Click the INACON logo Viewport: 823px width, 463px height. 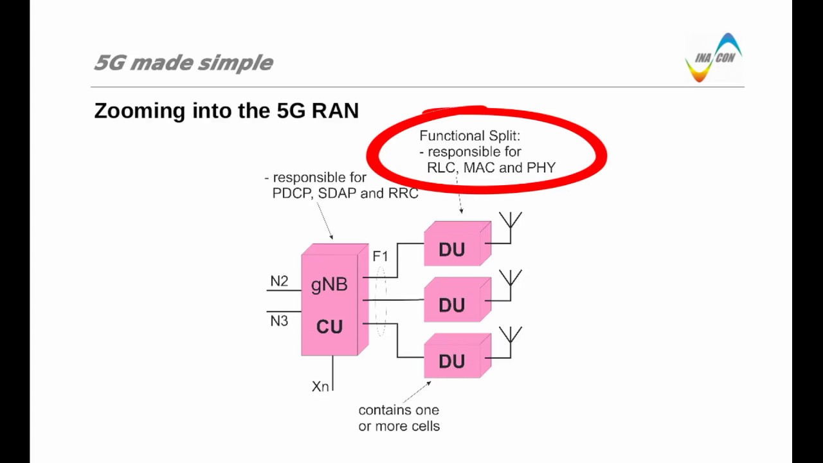(x=714, y=58)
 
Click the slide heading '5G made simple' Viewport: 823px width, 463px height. (x=183, y=62)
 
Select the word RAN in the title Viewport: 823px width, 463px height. (x=335, y=111)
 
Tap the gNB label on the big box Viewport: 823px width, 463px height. (x=329, y=284)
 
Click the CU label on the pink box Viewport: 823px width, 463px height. (x=329, y=327)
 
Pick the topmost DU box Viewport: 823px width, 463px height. (x=454, y=248)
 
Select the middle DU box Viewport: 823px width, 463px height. (x=454, y=304)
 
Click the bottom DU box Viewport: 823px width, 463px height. (x=454, y=359)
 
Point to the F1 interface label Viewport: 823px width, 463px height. (x=380, y=257)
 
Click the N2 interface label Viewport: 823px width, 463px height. (x=279, y=282)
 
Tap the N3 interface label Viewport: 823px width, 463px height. (x=279, y=321)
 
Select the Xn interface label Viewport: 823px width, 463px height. (x=320, y=386)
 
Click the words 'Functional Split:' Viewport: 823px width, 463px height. (x=469, y=136)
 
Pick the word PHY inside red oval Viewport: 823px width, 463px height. (x=541, y=168)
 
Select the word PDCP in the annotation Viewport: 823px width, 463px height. (x=292, y=194)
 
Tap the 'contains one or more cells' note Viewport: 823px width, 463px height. (x=399, y=418)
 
